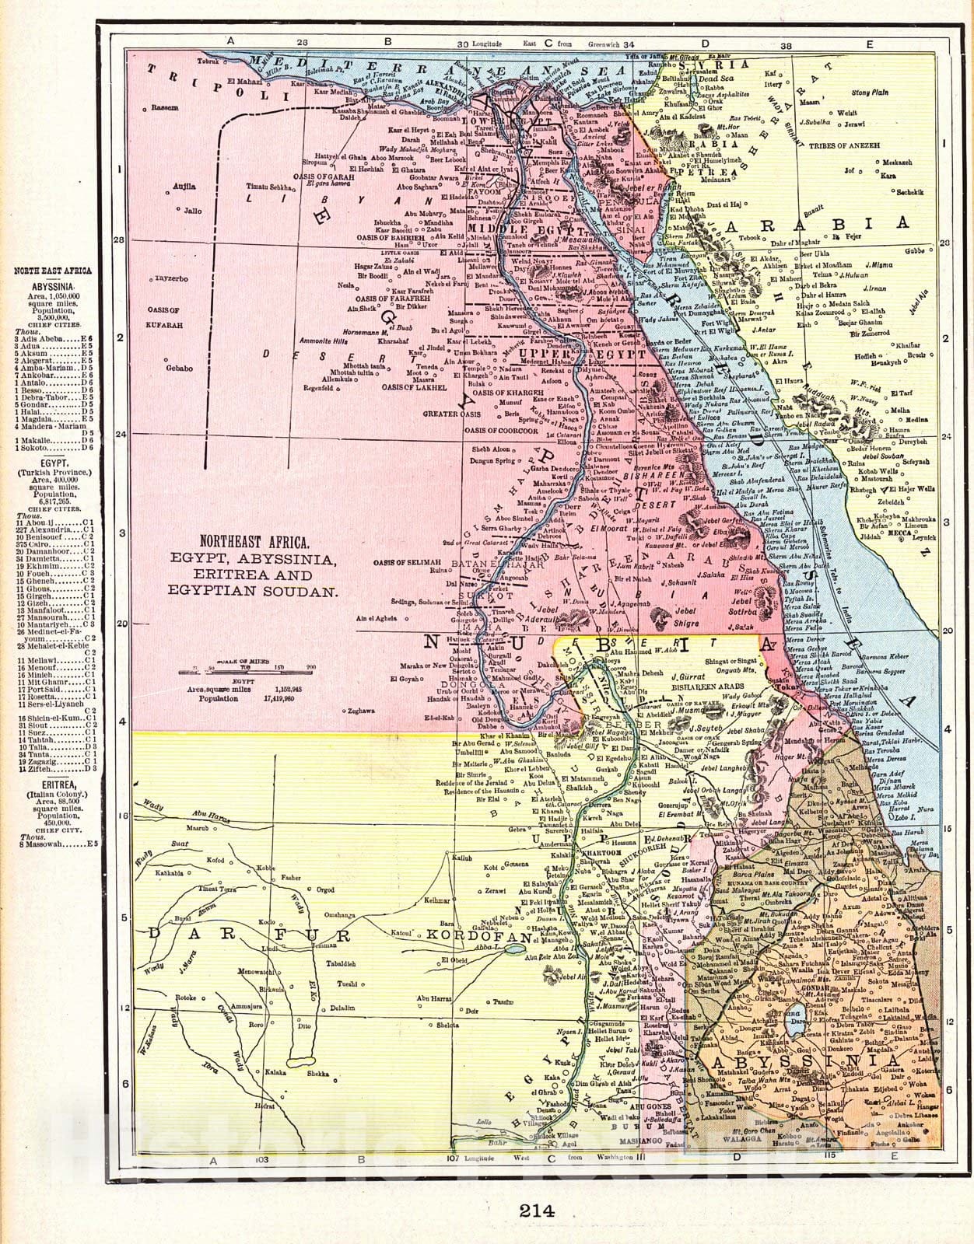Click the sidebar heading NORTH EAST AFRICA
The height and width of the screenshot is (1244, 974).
point(53,270)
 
